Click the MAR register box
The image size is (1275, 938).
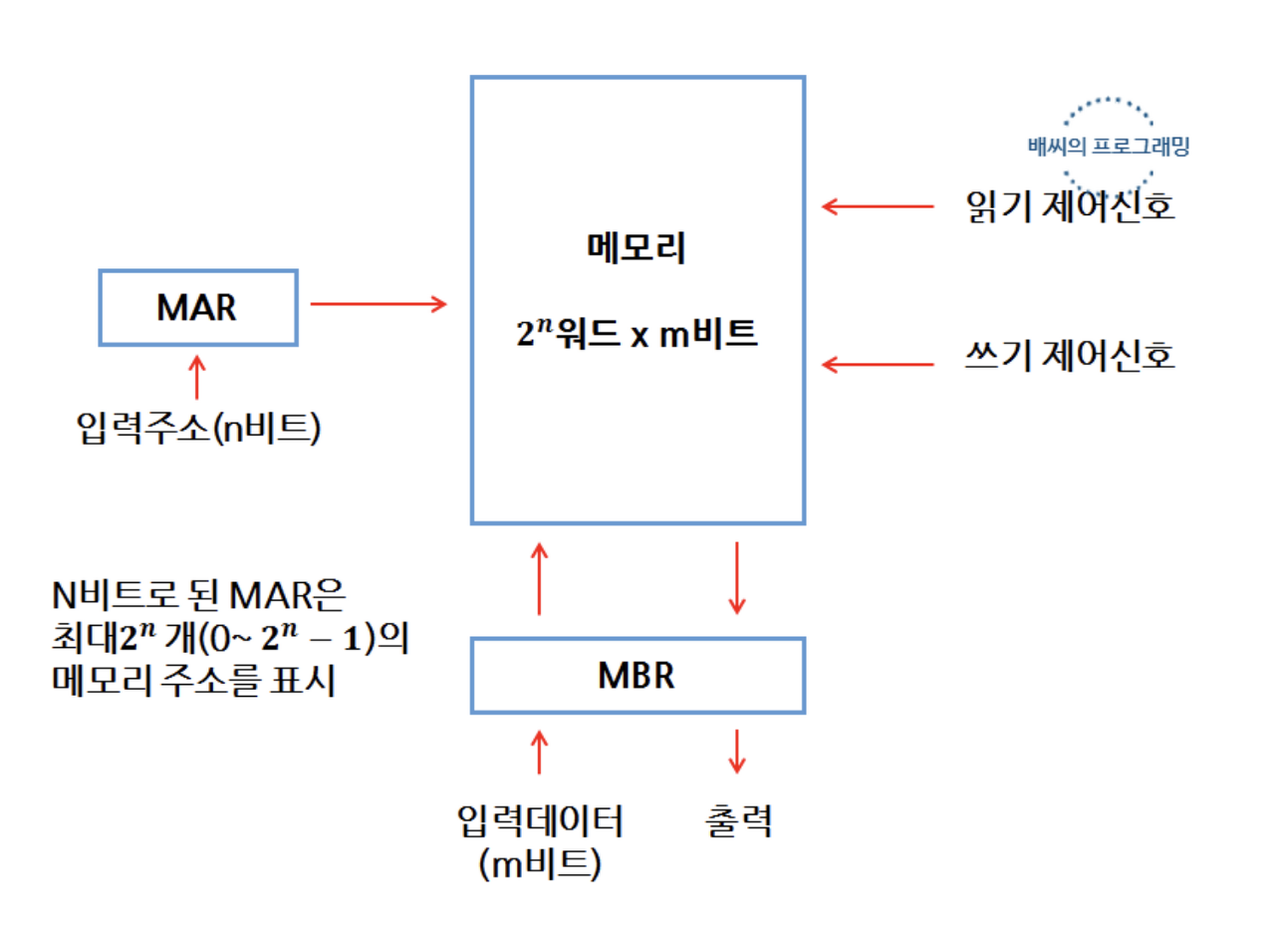(197, 307)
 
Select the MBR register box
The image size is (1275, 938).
(637, 675)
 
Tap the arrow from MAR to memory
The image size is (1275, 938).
(380, 303)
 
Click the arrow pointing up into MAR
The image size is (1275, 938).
(197, 378)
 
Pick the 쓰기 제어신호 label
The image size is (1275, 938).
(1070, 357)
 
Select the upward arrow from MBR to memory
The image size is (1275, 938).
(539, 578)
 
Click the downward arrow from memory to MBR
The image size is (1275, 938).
(737, 578)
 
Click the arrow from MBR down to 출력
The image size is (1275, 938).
(737, 751)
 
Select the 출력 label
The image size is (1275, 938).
(737, 821)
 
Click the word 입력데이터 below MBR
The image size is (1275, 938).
(538, 821)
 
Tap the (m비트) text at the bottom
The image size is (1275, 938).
(538, 864)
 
